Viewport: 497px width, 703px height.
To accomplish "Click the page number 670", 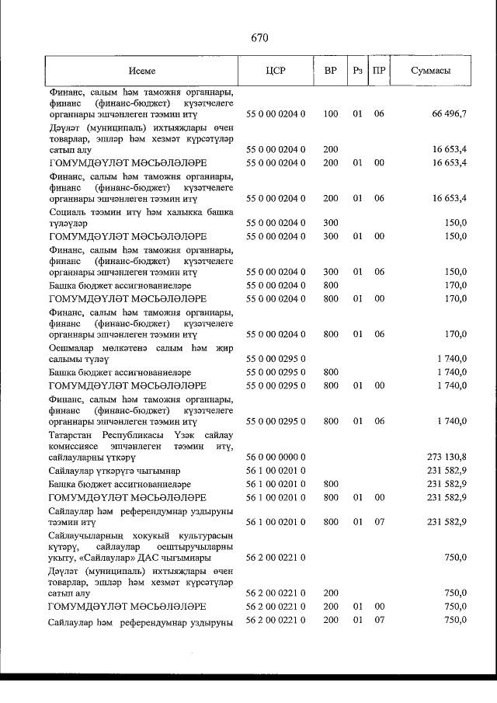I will click(x=259, y=37).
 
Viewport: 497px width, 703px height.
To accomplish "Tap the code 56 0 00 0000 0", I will click(x=276, y=458).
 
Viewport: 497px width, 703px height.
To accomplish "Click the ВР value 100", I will click(x=330, y=114).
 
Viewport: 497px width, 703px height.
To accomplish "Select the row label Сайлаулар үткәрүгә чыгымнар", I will click(x=114, y=472).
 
